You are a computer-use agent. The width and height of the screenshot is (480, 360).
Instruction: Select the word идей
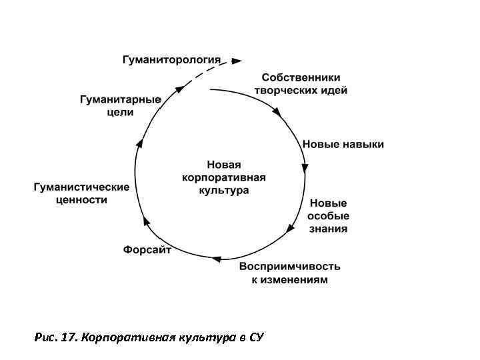[333, 90]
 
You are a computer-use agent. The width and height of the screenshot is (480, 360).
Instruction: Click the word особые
[327, 216]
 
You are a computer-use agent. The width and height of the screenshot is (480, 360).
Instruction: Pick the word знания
[327, 229]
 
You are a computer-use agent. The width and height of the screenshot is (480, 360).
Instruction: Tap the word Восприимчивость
[289, 266]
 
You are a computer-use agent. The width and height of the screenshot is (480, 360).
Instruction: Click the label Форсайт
[147, 250]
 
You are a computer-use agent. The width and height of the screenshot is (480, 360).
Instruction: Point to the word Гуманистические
[81, 187]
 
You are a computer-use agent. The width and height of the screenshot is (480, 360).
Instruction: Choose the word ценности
[81, 199]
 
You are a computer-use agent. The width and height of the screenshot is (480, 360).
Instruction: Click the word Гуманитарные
[120, 100]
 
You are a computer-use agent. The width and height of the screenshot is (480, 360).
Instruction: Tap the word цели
[120, 113]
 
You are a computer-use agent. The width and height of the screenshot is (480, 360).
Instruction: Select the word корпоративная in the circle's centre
[223, 177]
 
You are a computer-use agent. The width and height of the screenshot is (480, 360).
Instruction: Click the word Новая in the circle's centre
[223, 165]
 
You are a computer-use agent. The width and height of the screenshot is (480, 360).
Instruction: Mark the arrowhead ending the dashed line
[237, 61]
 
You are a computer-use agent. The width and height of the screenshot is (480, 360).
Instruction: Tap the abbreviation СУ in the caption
[257, 337]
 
